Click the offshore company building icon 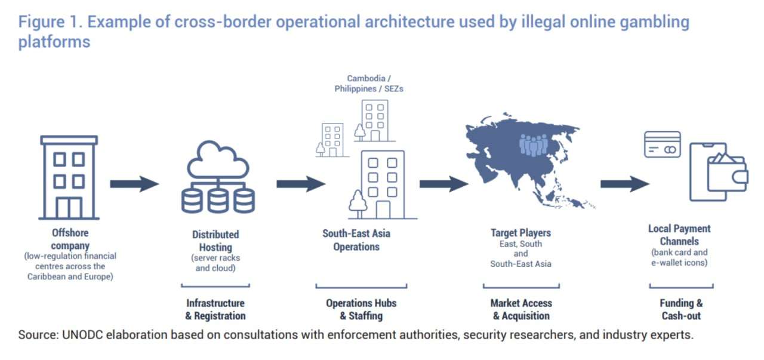[69, 177]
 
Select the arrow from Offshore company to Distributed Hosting [134, 184]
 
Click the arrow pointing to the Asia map [444, 184]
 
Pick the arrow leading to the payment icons [625, 184]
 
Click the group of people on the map [534, 144]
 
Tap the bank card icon [663, 144]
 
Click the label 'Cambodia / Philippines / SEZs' [369, 84]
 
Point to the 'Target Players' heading [520, 233]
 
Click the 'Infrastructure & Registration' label [215, 309]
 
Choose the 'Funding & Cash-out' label [681, 309]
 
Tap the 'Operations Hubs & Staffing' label [361, 309]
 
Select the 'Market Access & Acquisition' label [521, 309]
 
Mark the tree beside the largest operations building [358, 204]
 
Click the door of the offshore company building [69, 208]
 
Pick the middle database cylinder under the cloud [218, 201]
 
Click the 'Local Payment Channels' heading [679, 235]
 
